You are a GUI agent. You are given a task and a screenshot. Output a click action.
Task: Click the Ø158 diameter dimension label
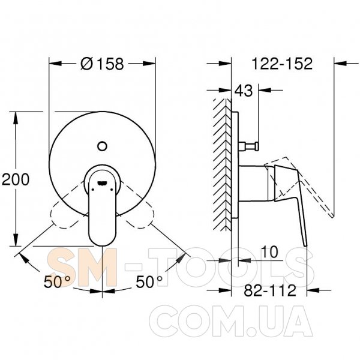102,64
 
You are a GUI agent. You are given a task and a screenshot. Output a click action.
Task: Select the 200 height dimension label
16,179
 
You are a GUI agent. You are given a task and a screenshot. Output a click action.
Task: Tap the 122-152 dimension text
282,64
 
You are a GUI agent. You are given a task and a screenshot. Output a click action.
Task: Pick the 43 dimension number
244,90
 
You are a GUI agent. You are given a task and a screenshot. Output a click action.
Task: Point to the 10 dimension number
269,252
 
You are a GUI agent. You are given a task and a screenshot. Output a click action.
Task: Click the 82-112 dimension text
270,290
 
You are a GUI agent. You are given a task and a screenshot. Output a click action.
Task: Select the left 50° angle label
57,281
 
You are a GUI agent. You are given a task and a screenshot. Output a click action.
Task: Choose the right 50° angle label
149,281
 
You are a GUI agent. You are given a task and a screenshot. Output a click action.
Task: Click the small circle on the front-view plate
102,146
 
